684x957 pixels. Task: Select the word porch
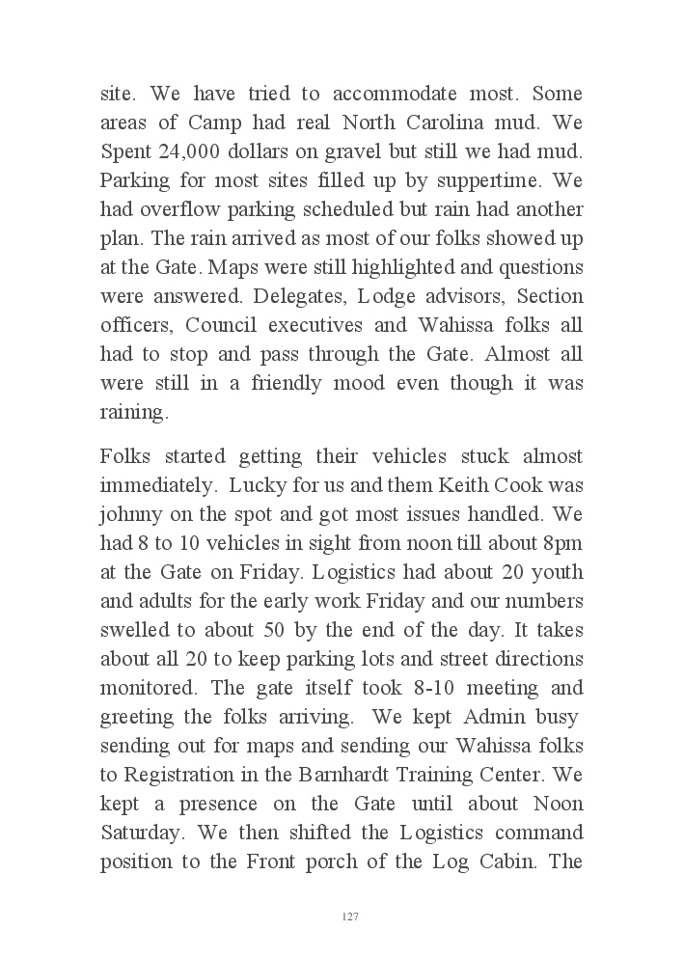pos(342,861)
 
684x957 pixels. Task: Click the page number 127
pos(350,916)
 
